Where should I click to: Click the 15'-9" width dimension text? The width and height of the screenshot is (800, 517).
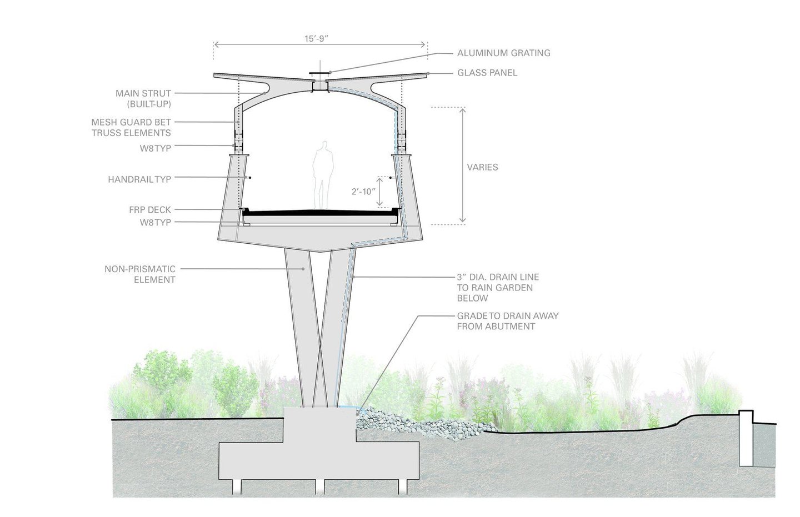coord(316,38)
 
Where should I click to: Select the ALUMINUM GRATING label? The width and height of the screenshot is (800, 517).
coord(503,53)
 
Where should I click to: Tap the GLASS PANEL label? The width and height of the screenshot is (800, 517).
coord(487,73)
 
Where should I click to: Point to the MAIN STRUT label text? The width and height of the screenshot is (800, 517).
coord(143,93)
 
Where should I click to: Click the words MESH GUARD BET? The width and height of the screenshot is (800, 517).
coord(131,122)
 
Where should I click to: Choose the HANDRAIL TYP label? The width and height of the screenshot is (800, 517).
coord(139,179)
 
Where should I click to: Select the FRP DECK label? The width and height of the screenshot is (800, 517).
coord(150,209)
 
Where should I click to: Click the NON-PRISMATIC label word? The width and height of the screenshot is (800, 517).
coord(140,269)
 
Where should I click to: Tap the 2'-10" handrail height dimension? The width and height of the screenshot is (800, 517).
coord(363,192)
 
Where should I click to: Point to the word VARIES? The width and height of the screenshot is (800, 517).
coord(482,167)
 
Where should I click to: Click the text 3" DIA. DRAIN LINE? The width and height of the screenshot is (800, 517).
coord(498,277)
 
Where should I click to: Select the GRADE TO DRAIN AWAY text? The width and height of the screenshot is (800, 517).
coord(508,316)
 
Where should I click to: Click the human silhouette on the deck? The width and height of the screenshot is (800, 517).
coord(323,175)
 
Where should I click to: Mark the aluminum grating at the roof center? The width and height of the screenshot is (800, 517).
coord(319,74)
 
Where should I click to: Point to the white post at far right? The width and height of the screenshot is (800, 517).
coord(746,439)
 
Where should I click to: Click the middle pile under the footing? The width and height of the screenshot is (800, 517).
coord(320,487)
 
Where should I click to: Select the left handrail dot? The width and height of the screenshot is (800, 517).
coord(249,178)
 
